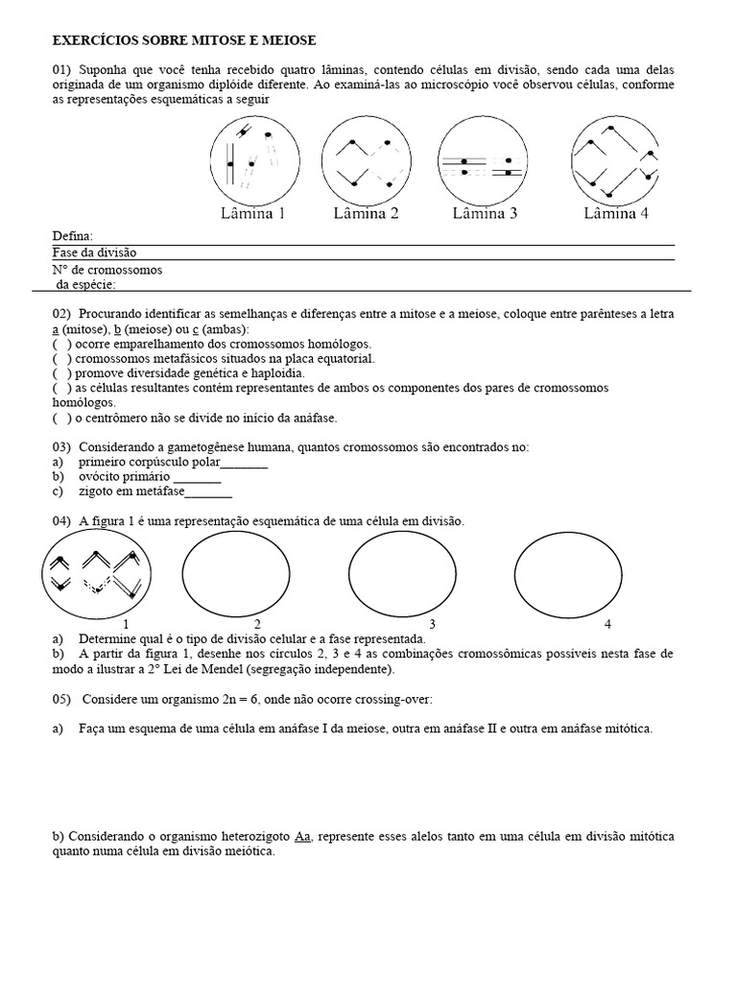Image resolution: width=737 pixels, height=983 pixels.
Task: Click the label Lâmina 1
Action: click(x=253, y=213)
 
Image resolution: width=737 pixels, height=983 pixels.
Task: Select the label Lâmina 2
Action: click(x=366, y=213)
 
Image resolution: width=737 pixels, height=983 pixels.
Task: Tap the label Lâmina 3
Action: click(x=485, y=213)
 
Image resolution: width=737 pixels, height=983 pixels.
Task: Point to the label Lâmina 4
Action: click(x=616, y=213)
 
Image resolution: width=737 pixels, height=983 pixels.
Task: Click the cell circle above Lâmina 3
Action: click(x=485, y=158)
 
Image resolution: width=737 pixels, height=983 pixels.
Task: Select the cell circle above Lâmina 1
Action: click(x=253, y=158)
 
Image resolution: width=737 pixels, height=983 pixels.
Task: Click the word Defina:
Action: click(x=73, y=236)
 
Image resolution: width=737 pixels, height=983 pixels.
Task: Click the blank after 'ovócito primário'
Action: click(x=197, y=477)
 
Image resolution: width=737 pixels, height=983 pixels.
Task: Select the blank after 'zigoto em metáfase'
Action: click(x=207, y=492)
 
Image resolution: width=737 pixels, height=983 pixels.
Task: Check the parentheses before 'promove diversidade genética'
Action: click(x=61, y=373)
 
